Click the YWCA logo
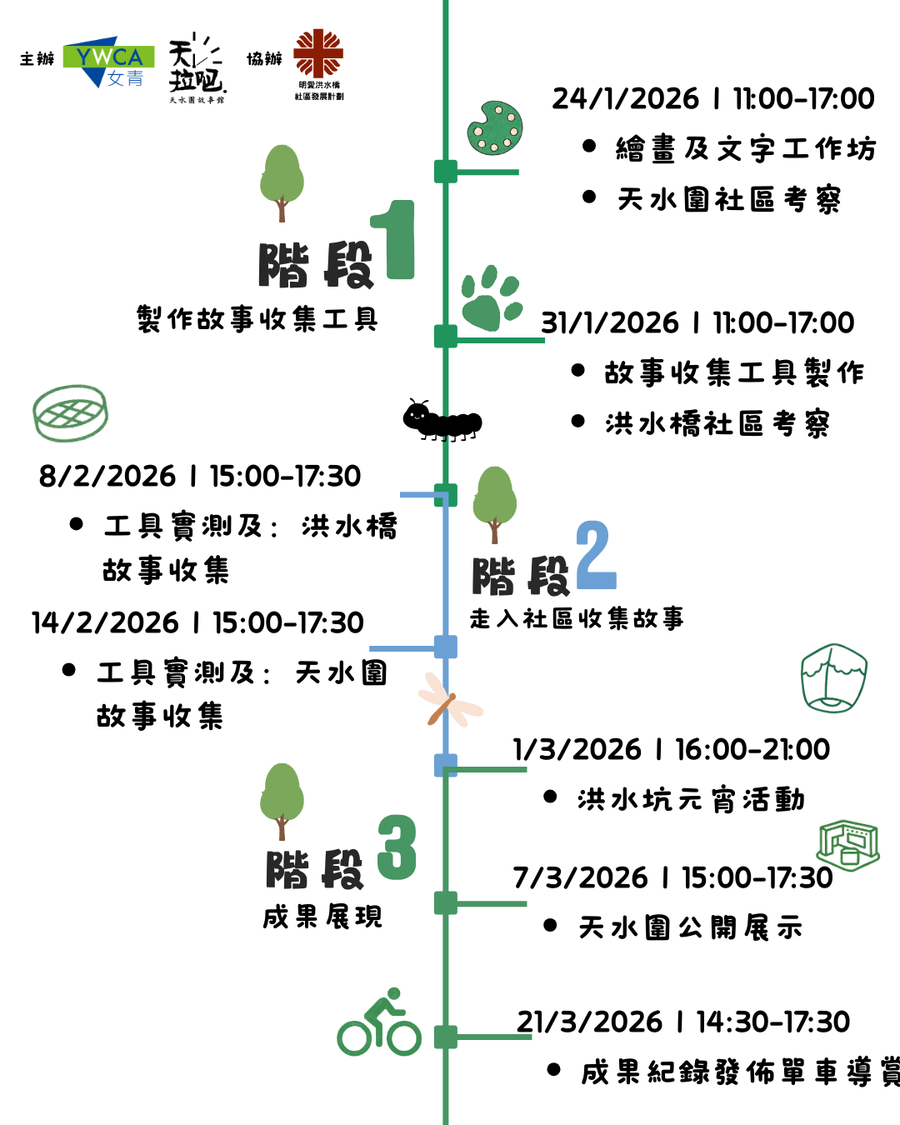(x=108, y=61)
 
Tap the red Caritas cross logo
(x=318, y=53)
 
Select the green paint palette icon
(x=495, y=128)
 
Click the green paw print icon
(x=491, y=299)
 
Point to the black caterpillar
(x=442, y=419)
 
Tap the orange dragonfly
(x=448, y=700)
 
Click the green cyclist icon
(x=379, y=1022)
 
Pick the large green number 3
(x=397, y=847)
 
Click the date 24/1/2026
(x=625, y=99)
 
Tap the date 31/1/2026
(x=610, y=323)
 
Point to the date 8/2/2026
(x=107, y=477)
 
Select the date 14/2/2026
(x=105, y=623)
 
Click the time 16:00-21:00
(x=752, y=750)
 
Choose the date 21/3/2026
(x=589, y=1022)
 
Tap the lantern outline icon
(x=833, y=677)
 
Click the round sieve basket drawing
(x=71, y=412)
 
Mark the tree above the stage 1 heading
(x=282, y=182)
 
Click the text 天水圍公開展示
(x=691, y=927)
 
